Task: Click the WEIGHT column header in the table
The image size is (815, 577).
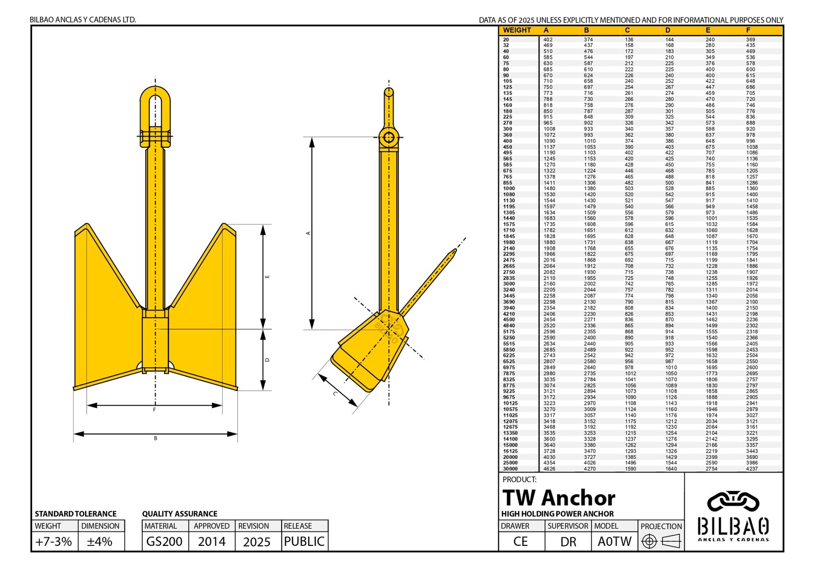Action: [x=517, y=31]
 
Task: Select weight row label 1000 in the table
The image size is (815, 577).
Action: [x=509, y=189]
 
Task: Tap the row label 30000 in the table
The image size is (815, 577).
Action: [x=510, y=469]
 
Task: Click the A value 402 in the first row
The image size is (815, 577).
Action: [x=548, y=40]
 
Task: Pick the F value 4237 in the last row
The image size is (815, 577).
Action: [x=752, y=469]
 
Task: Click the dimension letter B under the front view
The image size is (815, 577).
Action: [x=155, y=438]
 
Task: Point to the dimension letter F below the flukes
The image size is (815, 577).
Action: [x=154, y=410]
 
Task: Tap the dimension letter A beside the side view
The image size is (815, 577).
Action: [x=308, y=233]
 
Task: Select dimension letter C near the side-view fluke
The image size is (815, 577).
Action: [x=335, y=394]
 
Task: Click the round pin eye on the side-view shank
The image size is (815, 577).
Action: [x=389, y=137]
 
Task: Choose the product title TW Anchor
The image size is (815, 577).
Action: [x=558, y=497]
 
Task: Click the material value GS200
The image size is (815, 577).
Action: [x=164, y=541]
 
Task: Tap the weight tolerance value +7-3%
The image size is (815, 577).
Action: [x=53, y=541]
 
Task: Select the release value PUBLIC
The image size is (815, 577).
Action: [x=304, y=541]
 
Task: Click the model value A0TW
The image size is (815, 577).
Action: [x=614, y=541]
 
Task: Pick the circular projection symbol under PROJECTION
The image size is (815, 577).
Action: [x=649, y=541]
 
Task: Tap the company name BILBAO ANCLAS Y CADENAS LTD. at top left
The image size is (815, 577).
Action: [x=83, y=20]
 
